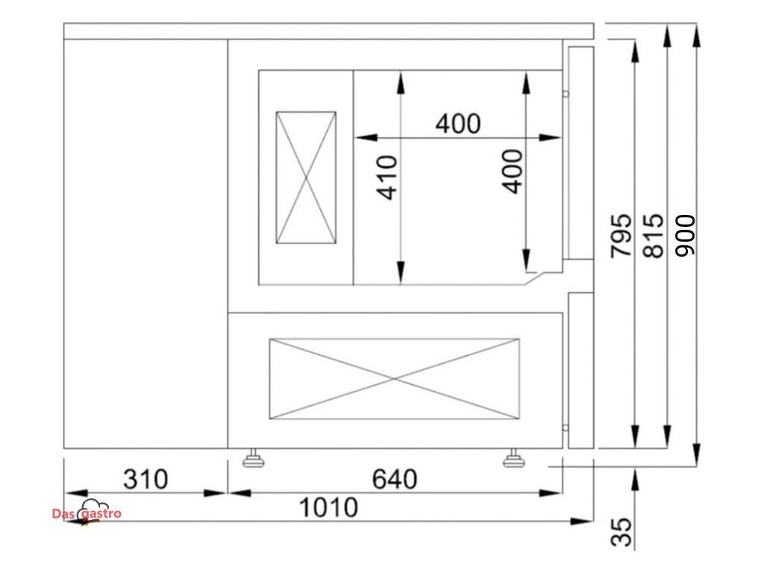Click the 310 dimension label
tap(145, 479)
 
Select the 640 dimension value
tap(395, 479)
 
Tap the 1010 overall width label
tap(328, 507)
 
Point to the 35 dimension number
tap(621, 531)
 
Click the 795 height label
tap(621, 235)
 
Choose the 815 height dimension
tap(654, 235)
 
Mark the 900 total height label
tap(685, 235)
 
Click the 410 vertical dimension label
tap(387, 178)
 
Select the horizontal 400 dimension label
tap(458, 123)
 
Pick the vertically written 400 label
tap(512, 172)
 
